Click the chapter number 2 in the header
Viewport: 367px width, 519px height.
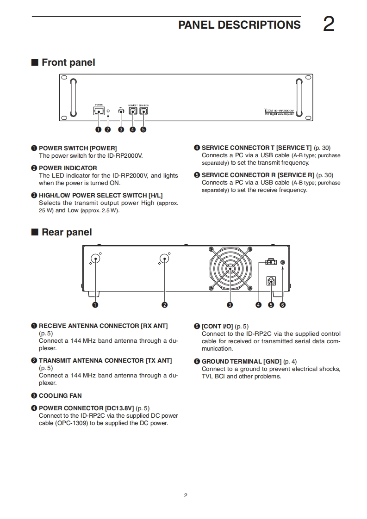tap(328, 25)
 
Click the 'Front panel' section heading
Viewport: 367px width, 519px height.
tap(68, 62)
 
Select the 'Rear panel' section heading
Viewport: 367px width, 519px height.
tap(67, 232)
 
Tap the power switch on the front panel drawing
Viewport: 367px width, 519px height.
tap(99, 111)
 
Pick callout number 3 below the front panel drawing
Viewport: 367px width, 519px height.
tap(121, 130)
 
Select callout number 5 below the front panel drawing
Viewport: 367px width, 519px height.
tap(143, 130)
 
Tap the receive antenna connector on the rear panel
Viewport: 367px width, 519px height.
tap(95, 259)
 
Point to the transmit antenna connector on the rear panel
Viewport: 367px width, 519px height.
tap(164, 259)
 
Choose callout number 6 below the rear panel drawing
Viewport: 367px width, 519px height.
tap(283, 305)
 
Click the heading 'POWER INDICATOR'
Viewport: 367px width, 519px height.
tap(68, 168)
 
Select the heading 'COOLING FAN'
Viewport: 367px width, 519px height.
tap(60, 395)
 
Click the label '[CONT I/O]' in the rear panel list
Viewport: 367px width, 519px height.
tap(217, 326)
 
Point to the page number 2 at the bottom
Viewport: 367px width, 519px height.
tap(186, 496)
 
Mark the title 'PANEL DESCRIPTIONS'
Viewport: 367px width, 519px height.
tap(239, 25)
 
